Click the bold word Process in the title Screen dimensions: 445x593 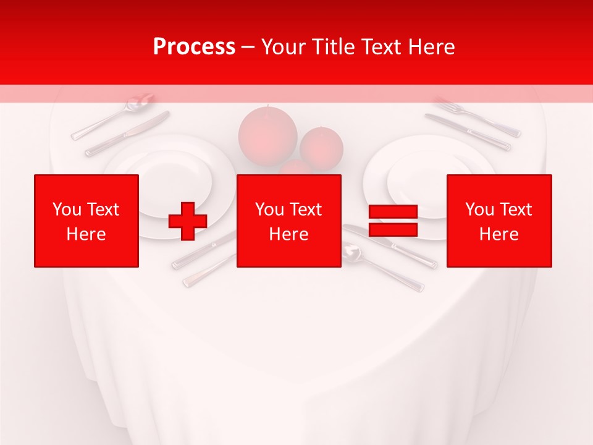pyautogui.click(x=194, y=47)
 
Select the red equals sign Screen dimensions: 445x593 pyautogui.click(x=393, y=221)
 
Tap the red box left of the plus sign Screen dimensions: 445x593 pyautogui.click(x=86, y=221)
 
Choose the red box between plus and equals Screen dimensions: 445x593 pyautogui.click(x=288, y=221)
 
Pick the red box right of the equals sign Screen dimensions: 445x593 pyautogui.click(x=498, y=221)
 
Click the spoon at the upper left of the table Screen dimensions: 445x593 pyautogui.click(x=114, y=115)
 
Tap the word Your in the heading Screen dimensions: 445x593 pyautogui.click(x=282, y=47)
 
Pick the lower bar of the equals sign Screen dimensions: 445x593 pyautogui.click(x=393, y=230)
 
